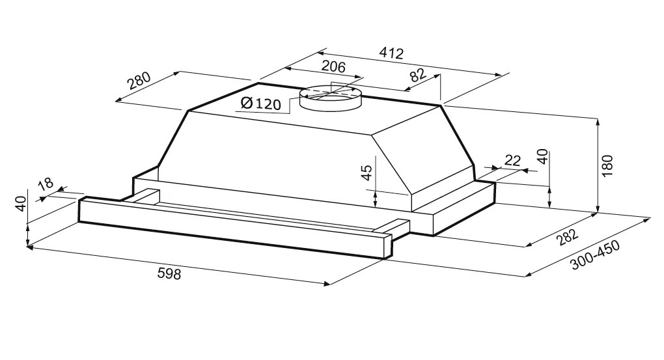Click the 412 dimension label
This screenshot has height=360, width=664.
pos(391,53)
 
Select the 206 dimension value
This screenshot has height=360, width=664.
pos(334,66)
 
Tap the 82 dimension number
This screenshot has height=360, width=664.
pos(417,76)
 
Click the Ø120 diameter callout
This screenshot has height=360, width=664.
pos(260,103)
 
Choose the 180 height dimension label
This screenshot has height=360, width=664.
pos(607,166)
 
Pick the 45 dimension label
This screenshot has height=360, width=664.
pos(367,173)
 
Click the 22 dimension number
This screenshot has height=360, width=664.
pos(512,160)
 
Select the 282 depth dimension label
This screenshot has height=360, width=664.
pos(567,237)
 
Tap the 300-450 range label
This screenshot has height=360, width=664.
pos(595,255)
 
